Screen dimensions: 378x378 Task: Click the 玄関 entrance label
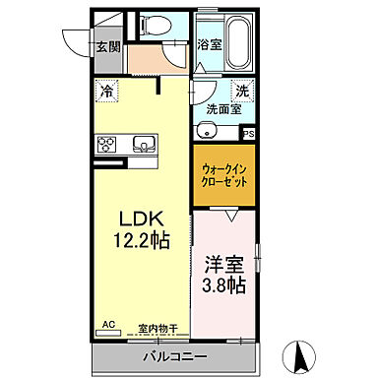(108, 45)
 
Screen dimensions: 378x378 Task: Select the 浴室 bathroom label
(209, 44)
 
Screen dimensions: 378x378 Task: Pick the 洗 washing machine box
(243, 92)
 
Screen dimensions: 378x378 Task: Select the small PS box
(248, 134)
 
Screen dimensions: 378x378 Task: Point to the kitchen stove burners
(105, 144)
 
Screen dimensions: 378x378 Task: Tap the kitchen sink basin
(143, 144)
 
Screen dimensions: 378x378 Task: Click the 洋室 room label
(223, 265)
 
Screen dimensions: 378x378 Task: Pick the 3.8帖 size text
(223, 286)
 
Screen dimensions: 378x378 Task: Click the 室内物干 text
(157, 330)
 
